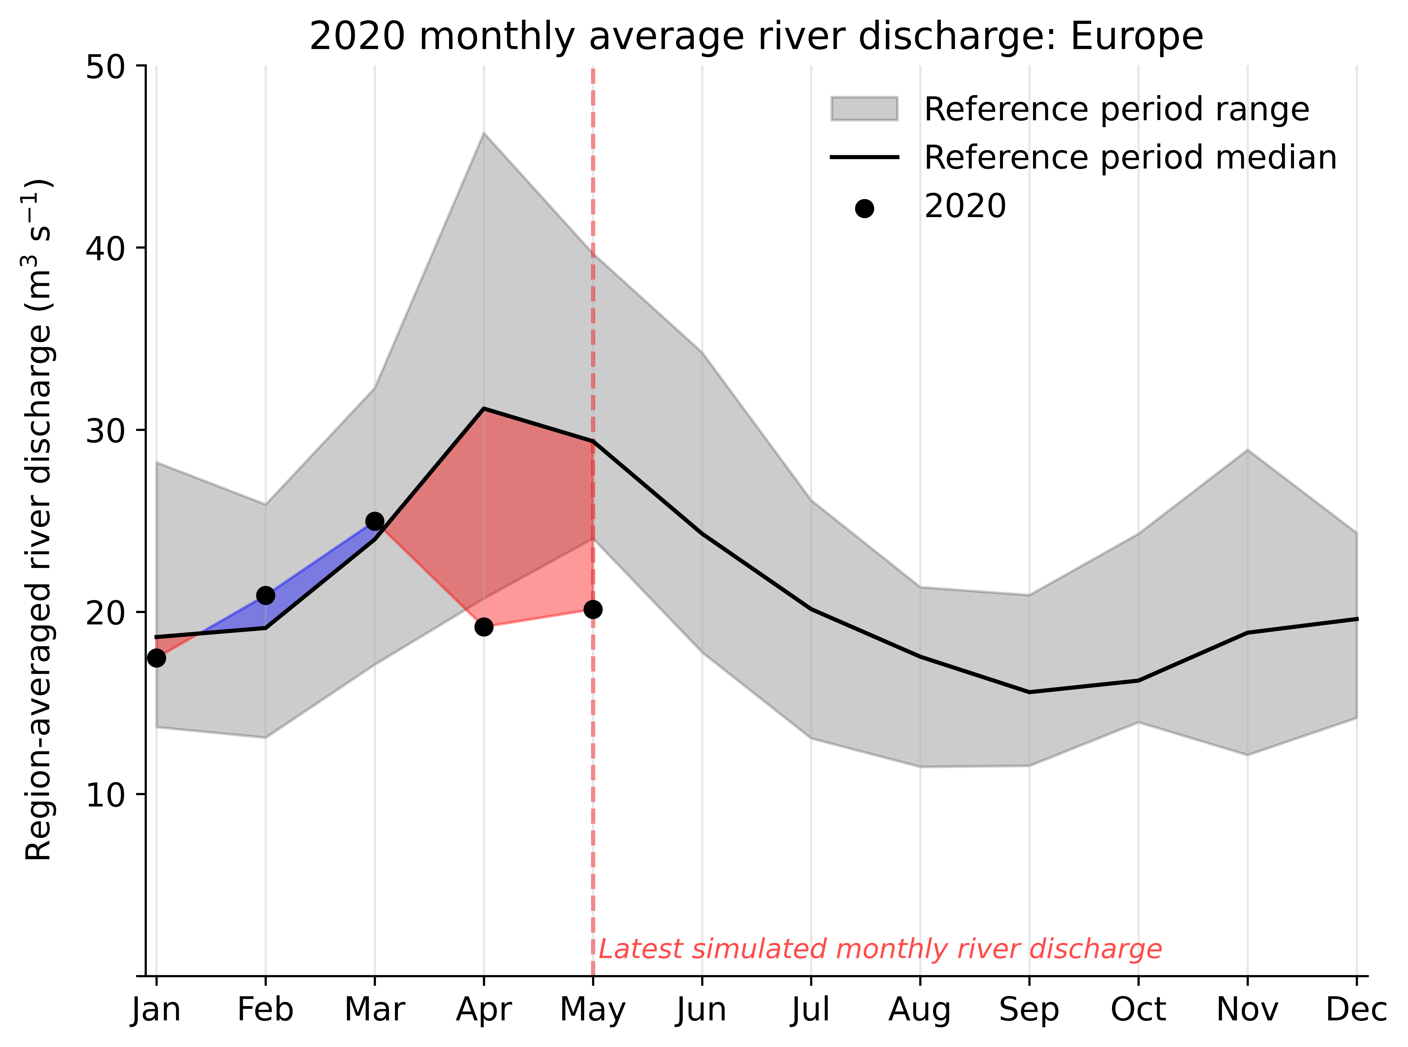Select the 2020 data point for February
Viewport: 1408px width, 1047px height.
(266, 595)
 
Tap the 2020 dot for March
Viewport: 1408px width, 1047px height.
(374, 521)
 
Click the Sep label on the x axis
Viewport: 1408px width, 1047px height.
(1029, 1010)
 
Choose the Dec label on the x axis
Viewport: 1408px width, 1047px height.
(1356, 1010)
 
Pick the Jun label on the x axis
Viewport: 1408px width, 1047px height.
(701, 1010)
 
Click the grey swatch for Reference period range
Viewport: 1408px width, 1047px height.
(864, 109)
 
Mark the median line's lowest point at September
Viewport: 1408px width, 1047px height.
(1029, 692)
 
